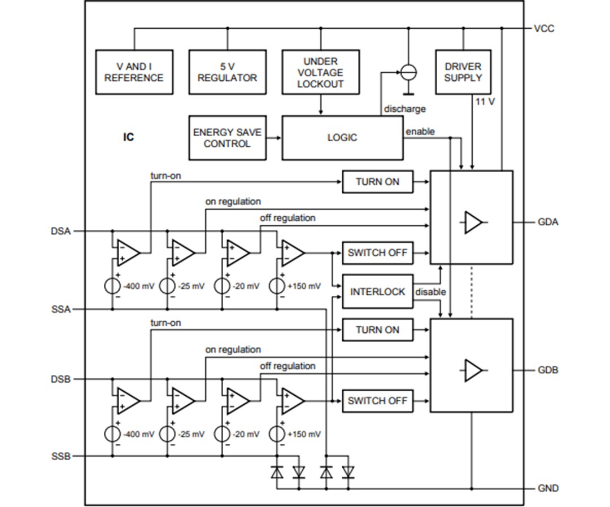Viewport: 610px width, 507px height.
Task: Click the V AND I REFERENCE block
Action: click(134, 72)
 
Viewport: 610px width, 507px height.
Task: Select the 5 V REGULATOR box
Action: click(227, 72)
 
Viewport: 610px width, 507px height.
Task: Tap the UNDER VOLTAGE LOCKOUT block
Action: click(320, 72)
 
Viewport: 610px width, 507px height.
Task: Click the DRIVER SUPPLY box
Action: click(463, 72)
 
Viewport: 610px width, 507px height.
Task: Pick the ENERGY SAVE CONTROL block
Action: click(227, 138)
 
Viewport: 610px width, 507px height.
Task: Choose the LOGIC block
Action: click(342, 138)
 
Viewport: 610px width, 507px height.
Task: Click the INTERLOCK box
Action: click(377, 292)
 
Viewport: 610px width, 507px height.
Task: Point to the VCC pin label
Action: click(544, 28)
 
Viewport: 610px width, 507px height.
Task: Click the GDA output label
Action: click(547, 222)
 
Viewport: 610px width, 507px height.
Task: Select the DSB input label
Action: click(61, 379)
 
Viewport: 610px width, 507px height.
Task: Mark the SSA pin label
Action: click(61, 309)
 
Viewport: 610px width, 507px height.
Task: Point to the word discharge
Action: click(404, 108)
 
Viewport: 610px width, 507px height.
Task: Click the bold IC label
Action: click(129, 137)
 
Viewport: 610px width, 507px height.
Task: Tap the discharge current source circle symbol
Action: click(408, 72)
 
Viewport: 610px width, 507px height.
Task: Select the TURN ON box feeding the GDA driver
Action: click(377, 182)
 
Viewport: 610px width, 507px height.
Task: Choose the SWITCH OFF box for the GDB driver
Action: click(377, 401)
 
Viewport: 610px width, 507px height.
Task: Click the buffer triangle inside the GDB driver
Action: click(473, 371)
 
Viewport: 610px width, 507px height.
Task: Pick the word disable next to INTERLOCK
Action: click(430, 292)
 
